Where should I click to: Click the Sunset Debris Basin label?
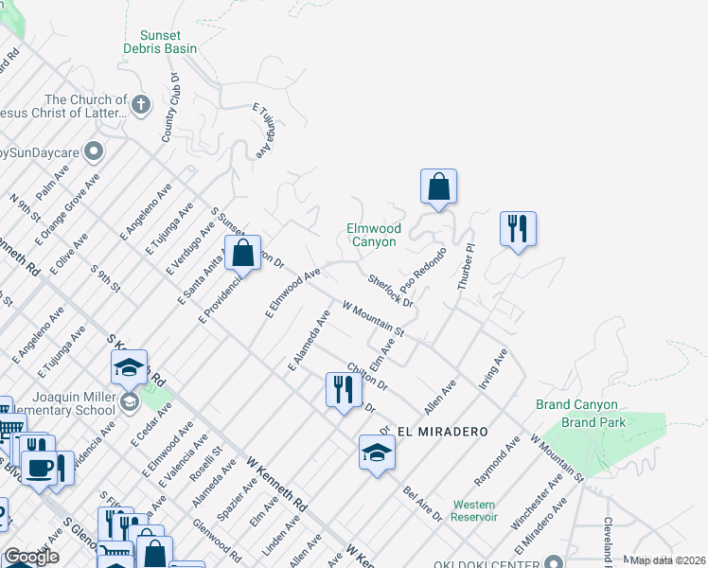pyautogui.click(x=161, y=42)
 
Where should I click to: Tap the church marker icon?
pyautogui.click(x=141, y=104)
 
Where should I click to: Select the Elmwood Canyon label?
pyautogui.click(x=374, y=236)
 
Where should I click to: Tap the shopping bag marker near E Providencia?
pyautogui.click(x=243, y=253)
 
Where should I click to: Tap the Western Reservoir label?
pyautogui.click(x=475, y=510)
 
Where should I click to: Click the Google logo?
pyautogui.click(x=31, y=557)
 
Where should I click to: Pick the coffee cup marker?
pyautogui.click(x=39, y=469)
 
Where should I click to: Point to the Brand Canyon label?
pyautogui.click(x=576, y=405)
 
